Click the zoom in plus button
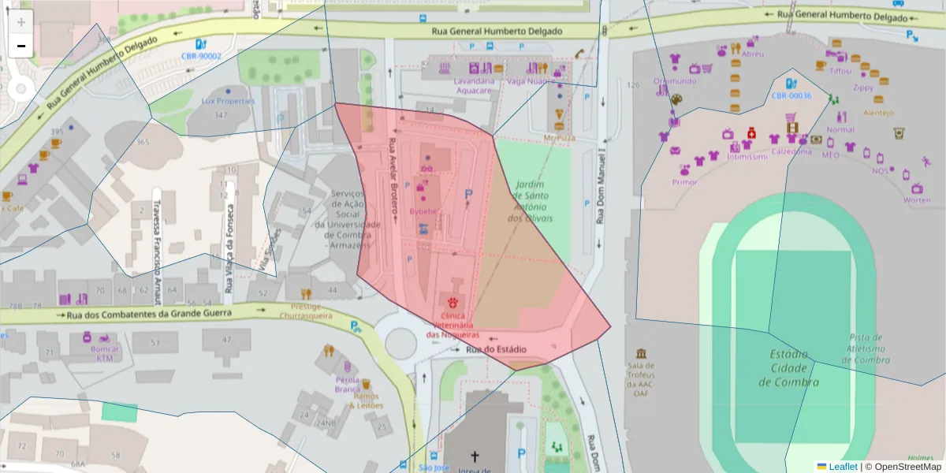(21, 22)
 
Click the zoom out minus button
(21, 46)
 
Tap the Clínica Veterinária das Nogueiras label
(453, 325)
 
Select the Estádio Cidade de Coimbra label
(788, 368)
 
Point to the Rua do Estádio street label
(495, 349)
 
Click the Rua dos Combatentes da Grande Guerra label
(149, 315)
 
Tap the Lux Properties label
(228, 101)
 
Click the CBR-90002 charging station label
(201, 56)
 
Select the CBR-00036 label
(791, 95)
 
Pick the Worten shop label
(917, 200)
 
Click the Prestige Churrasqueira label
(306, 311)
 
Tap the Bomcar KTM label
(105, 352)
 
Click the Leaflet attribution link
(842, 467)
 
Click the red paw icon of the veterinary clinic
(453, 302)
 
